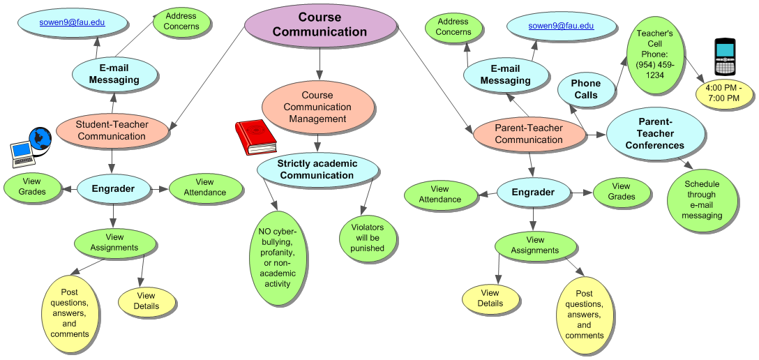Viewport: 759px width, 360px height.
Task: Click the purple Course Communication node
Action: (320, 24)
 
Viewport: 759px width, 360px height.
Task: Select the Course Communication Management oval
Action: (317, 107)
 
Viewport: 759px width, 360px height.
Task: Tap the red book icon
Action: (255, 137)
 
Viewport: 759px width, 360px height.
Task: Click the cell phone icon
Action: (726, 58)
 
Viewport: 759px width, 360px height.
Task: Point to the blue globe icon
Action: (40, 139)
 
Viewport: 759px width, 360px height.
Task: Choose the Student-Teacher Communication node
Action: (112, 130)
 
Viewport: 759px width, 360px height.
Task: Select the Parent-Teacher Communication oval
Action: (528, 134)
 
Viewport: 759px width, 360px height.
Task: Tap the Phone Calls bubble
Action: (585, 89)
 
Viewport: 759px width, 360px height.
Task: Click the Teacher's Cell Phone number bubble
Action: (654, 54)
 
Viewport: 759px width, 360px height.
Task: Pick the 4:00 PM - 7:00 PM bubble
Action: (723, 93)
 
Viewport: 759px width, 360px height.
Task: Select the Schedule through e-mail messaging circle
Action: (701, 200)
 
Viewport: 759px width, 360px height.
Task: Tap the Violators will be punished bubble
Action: (367, 238)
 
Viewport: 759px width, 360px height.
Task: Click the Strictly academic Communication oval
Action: (317, 170)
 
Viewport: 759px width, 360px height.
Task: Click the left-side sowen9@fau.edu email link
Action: (73, 22)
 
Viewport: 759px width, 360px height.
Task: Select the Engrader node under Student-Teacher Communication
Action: (114, 188)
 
